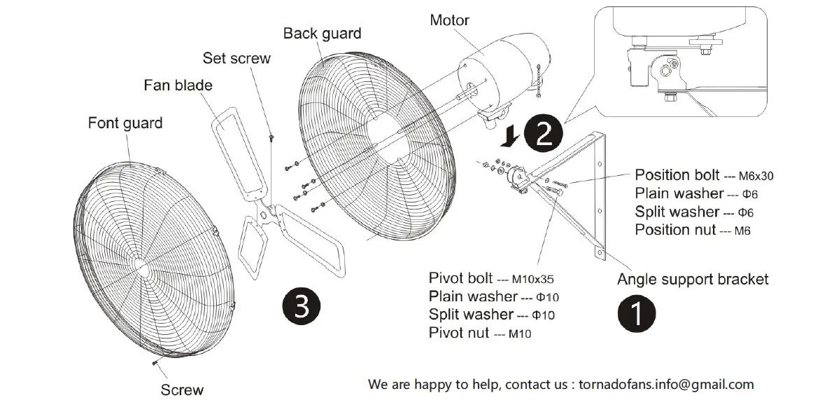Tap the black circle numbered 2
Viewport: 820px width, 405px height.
(544, 134)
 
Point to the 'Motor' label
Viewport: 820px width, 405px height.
(449, 20)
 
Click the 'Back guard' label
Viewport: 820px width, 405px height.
(322, 33)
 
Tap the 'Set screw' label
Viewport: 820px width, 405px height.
(236, 58)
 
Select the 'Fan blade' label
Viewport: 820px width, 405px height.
(178, 85)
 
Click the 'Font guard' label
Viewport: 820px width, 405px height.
(125, 123)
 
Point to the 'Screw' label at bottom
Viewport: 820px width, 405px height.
(182, 390)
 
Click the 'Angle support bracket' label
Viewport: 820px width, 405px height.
(693, 280)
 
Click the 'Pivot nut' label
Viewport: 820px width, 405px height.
(459, 333)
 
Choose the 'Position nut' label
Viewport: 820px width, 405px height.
(675, 230)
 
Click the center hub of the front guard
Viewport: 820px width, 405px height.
(139, 267)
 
